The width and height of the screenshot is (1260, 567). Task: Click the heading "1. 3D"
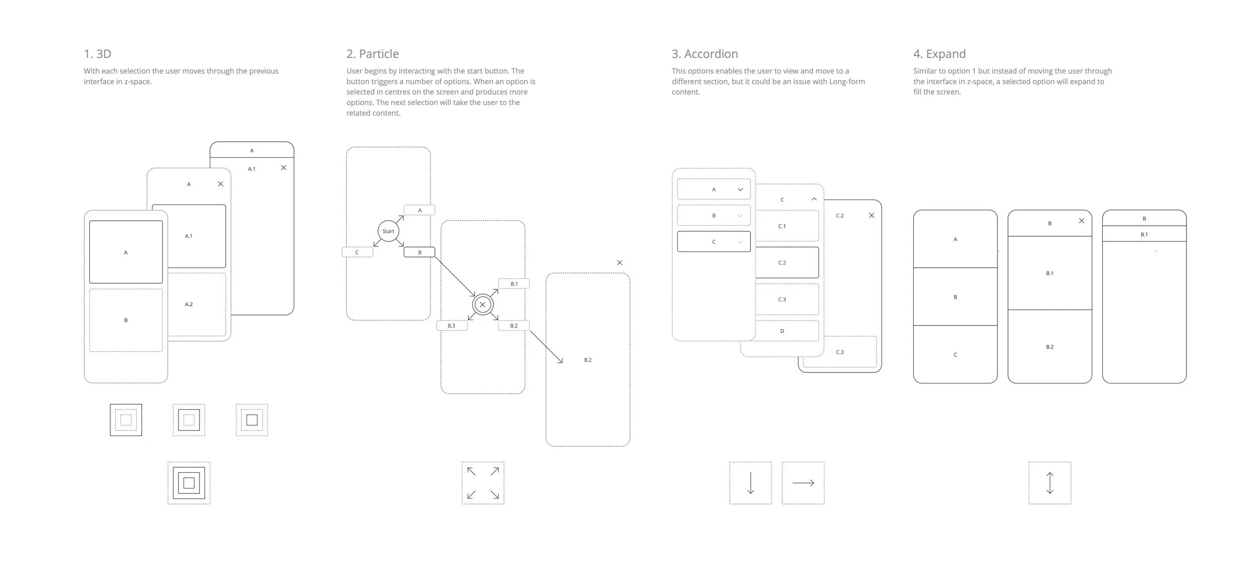(97, 54)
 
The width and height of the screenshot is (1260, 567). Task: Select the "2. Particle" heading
(372, 54)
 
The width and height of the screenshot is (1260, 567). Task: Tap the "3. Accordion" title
(705, 54)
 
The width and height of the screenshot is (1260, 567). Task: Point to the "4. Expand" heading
(939, 54)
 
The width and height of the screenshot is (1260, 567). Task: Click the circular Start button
(388, 231)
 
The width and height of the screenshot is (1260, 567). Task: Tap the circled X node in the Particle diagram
(482, 304)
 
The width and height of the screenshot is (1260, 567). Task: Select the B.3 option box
(452, 326)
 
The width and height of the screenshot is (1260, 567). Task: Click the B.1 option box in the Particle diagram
(514, 284)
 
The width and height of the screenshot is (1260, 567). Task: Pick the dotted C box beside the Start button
(357, 253)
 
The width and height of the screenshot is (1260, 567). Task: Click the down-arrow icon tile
(750, 483)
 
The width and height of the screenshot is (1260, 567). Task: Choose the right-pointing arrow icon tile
(803, 483)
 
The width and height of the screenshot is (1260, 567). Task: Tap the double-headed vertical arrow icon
(1049, 483)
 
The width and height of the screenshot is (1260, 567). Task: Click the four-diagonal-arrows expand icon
(482, 483)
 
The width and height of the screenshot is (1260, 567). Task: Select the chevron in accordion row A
(740, 190)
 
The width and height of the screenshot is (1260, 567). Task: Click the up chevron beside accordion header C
(813, 200)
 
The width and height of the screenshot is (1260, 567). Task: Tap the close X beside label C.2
(871, 216)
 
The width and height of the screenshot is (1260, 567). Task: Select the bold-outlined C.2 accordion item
(787, 263)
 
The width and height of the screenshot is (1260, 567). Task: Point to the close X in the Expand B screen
(1081, 221)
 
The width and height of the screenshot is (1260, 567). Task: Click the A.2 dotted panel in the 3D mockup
(197, 304)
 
